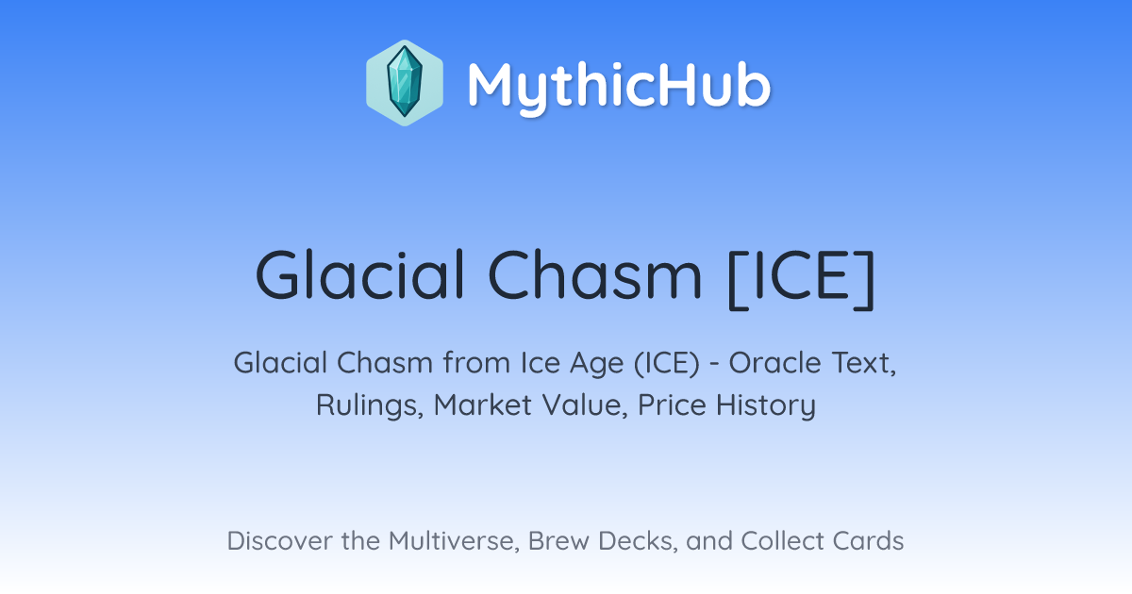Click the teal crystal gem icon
(x=405, y=83)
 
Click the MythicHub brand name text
(x=620, y=86)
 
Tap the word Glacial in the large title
(x=359, y=275)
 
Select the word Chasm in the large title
(x=595, y=275)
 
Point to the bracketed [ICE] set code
(x=802, y=279)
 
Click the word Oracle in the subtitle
(x=775, y=363)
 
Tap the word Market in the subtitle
(x=483, y=404)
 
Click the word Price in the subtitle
(x=672, y=404)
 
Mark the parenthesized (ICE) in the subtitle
(x=667, y=363)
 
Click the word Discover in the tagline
(x=280, y=540)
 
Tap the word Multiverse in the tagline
(x=454, y=541)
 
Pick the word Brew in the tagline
(x=558, y=540)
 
